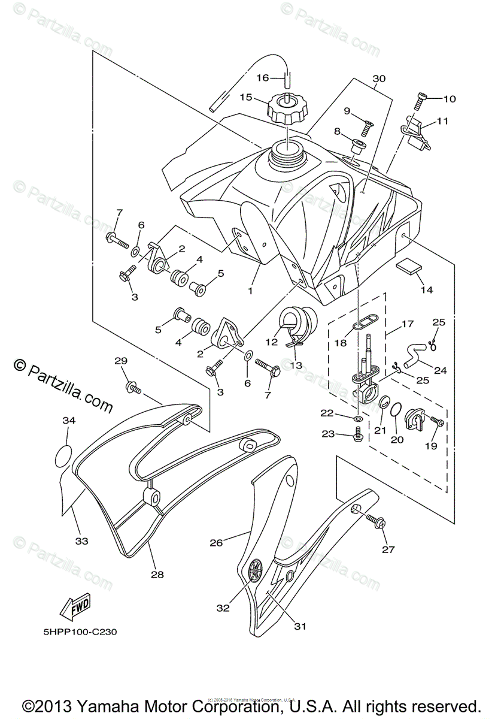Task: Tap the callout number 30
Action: point(378,78)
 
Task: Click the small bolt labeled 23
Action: point(358,435)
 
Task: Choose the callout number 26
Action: point(216,543)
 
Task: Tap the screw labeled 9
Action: point(367,127)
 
